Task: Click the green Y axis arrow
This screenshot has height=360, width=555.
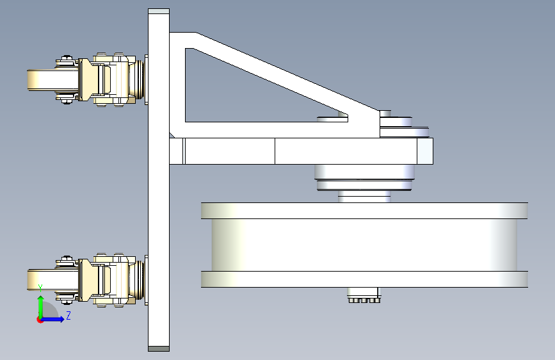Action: [41, 307]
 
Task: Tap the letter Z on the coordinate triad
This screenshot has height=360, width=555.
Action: [68, 315]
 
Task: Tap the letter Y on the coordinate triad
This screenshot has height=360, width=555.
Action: [40, 288]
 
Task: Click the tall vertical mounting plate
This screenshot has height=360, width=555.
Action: [159, 180]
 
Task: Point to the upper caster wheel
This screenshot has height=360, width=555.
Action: [52, 80]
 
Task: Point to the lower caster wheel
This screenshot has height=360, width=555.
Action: [52, 280]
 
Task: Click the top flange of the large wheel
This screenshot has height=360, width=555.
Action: [365, 211]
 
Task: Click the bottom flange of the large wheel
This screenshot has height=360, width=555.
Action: [365, 279]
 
